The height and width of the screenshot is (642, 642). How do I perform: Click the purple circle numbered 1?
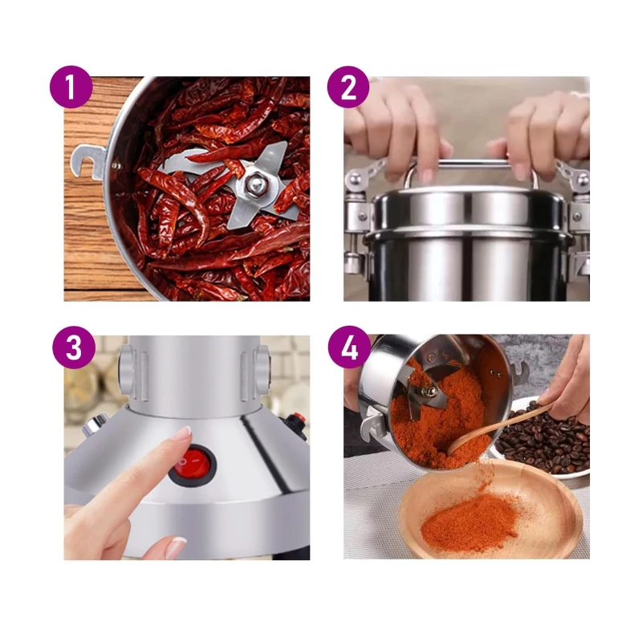[x=71, y=87]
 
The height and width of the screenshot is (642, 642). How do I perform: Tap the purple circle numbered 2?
[x=348, y=87]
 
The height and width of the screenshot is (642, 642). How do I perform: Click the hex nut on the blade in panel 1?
[x=254, y=185]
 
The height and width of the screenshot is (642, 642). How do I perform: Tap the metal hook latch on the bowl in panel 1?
[x=88, y=163]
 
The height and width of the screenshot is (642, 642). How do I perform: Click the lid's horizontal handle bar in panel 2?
[x=472, y=165]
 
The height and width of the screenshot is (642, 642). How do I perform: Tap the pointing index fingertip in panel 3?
[x=184, y=433]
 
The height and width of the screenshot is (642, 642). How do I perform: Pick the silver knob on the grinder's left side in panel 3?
[x=94, y=424]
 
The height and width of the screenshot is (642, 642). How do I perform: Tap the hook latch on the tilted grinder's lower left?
[x=373, y=425]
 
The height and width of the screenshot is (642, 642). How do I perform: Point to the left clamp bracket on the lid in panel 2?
[x=360, y=193]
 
